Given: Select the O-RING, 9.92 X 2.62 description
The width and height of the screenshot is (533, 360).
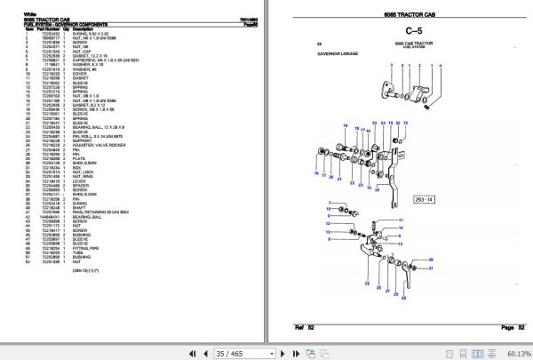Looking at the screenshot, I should coord(87,33).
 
